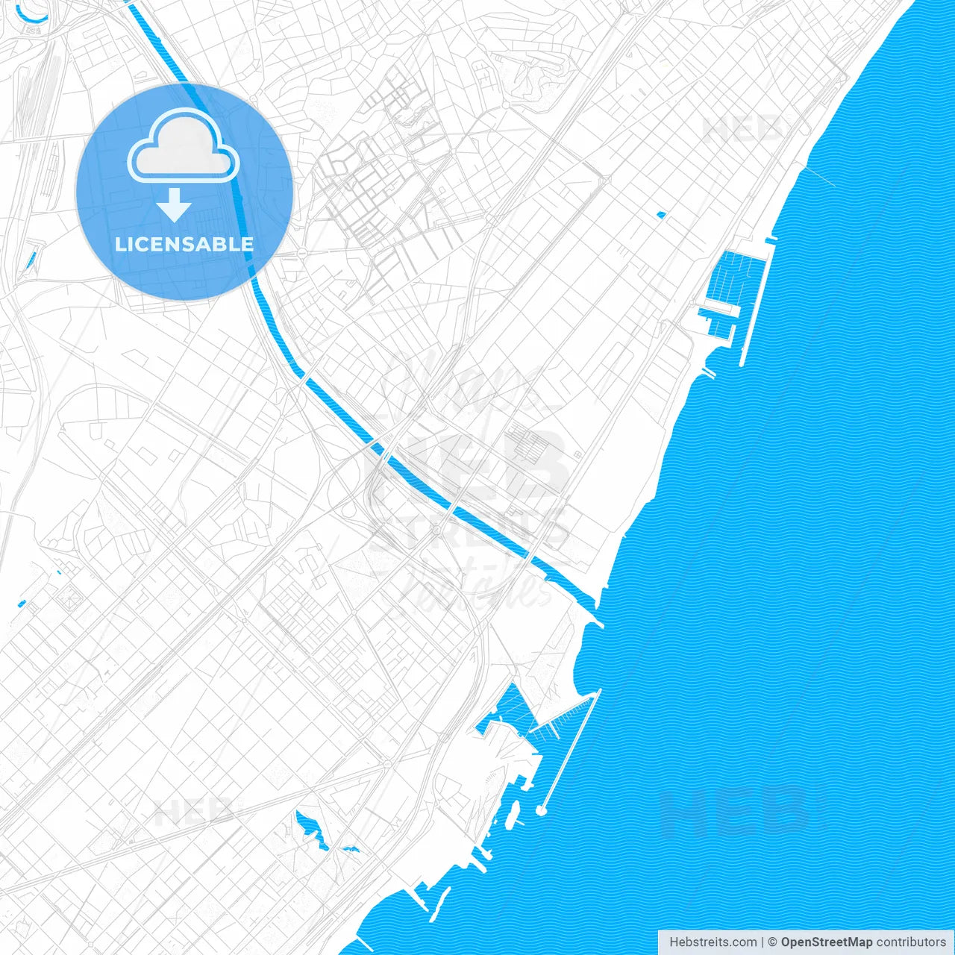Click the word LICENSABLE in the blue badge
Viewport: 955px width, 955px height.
click(184, 244)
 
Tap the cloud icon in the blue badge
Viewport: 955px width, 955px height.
click(184, 147)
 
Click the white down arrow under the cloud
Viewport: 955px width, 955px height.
click(175, 204)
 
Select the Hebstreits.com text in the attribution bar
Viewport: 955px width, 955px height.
click(713, 942)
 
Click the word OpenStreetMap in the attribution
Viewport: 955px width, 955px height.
click(826, 942)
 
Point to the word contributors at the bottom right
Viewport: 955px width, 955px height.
click(911, 942)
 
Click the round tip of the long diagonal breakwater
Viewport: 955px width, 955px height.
click(542, 810)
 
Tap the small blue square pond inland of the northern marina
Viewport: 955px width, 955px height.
click(660, 216)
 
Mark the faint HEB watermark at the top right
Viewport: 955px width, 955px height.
click(742, 129)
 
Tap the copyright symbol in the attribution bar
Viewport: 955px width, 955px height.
click(773, 942)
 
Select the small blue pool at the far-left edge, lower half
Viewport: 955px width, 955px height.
click(22, 603)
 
